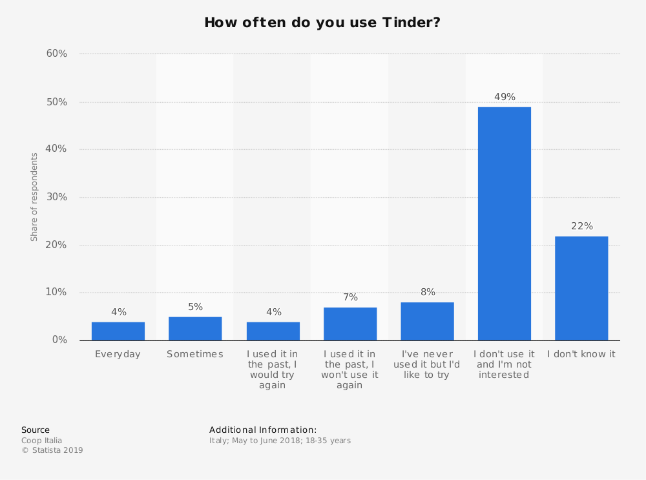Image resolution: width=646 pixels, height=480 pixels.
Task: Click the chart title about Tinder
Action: click(322, 23)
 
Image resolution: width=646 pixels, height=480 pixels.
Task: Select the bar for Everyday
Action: click(118, 331)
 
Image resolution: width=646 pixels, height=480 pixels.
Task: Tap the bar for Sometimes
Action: click(195, 328)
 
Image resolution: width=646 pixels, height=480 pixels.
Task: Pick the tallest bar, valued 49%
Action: click(504, 224)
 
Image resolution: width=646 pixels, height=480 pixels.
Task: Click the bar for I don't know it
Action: click(581, 288)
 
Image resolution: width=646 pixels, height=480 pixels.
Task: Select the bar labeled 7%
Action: click(350, 324)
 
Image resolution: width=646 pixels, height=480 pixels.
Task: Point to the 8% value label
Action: click(428, 292)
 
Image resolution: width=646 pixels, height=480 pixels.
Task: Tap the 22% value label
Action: click(581, 226)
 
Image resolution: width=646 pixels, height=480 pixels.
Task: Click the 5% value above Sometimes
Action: click(195, 307)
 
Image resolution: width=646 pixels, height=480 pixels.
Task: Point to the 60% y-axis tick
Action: click(57, 54)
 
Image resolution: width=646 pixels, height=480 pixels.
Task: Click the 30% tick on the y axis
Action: click(57, 197)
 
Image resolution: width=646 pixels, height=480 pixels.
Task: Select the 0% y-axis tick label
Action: click(59, 340)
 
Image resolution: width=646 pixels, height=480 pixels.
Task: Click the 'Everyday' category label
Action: click(118, 354)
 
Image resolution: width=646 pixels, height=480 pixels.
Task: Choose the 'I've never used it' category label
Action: click(427, 364)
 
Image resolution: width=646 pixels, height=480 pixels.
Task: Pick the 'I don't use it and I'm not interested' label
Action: click(504, 364)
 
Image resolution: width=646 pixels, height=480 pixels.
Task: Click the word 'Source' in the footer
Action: click(36, 430)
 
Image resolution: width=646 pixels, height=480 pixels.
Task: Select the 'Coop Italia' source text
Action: click(42, 441)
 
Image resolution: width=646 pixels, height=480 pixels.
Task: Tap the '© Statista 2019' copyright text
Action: click(52, 450)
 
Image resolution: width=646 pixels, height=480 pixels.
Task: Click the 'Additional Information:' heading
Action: click(263, 430)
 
